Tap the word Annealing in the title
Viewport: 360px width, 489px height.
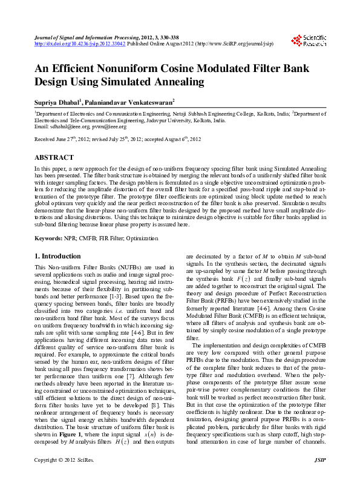tap(175, 82)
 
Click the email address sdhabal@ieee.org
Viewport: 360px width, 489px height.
tap(65, 126)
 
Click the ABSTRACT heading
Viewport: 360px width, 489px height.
tap(54, 157)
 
